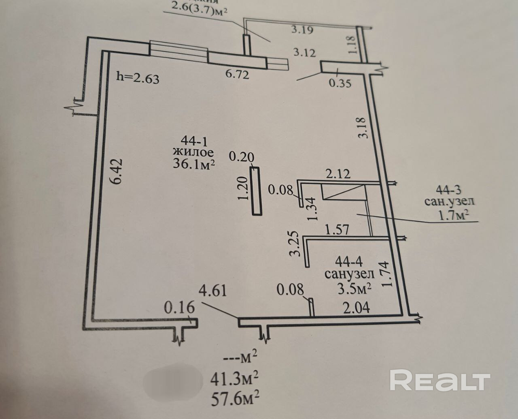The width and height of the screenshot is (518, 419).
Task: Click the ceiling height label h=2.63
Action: [138, 77]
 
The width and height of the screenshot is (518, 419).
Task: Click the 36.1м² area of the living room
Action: [193, 165]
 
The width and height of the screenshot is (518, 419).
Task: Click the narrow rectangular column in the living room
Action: [256, 191]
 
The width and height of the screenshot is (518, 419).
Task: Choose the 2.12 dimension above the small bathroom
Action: [338, 174]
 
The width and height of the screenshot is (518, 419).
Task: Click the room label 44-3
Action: [449, 189]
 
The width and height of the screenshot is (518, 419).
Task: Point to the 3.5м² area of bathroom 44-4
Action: [355, 289]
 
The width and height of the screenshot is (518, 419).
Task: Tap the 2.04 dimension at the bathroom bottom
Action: [356, 308]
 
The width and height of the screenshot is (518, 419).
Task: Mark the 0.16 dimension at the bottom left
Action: [179, 308]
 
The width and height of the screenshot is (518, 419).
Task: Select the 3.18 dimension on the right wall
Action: [362, 128]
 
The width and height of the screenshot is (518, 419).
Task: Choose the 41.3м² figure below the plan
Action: [234, 379]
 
